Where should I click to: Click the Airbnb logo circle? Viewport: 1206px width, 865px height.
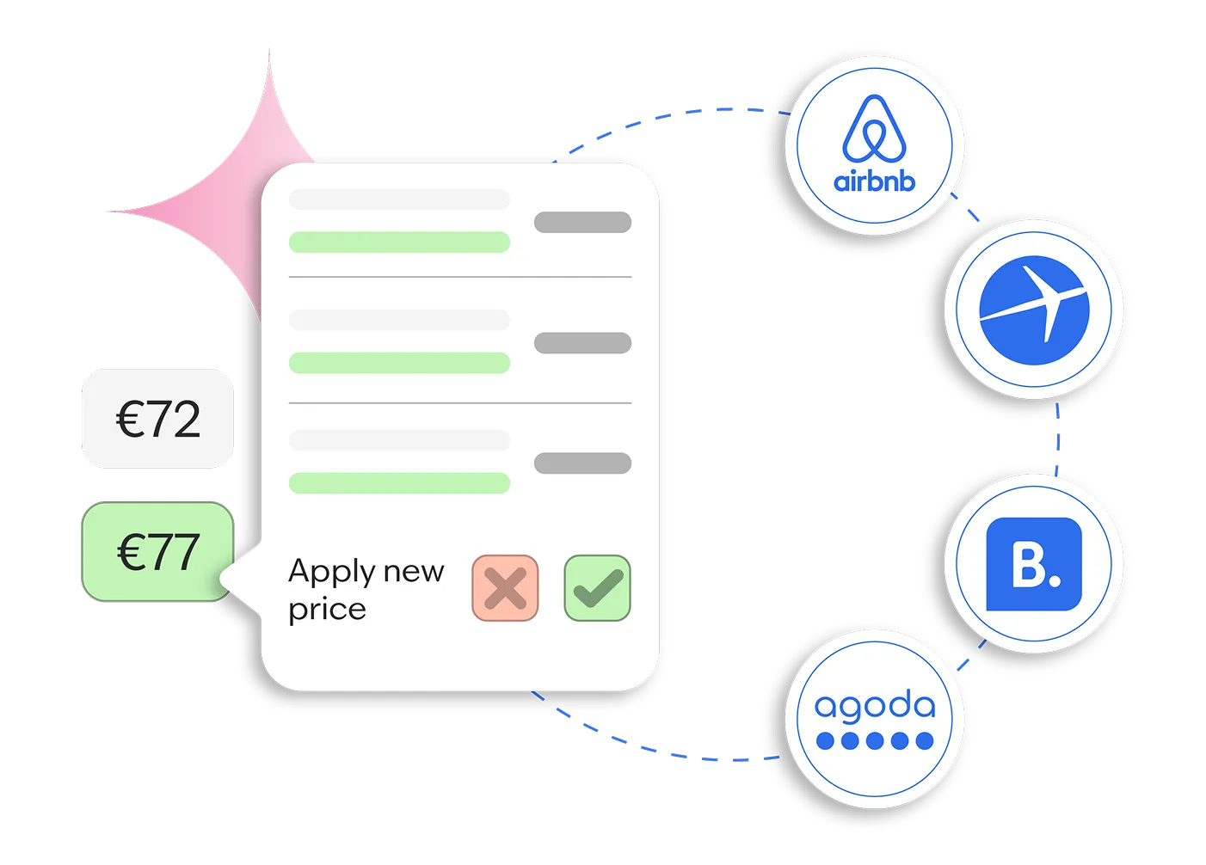tap(874, 144)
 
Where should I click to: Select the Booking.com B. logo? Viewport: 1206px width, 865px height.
tap(1033, 564)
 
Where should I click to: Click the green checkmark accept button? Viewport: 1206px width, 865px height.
tap(597, 588)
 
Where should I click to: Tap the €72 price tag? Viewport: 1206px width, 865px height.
tap(157, 419)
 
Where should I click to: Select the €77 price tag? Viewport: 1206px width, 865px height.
tap(157, 552)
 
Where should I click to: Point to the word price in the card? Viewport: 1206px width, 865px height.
tap(327, 610)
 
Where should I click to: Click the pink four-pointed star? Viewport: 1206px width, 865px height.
tap(232, 198)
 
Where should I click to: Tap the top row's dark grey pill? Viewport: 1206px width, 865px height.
tap(582, 222)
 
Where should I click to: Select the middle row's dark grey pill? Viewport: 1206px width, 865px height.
tap(582, 343)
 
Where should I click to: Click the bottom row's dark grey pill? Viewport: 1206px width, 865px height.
tap(582, 463)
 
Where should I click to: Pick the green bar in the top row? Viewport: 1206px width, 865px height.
tap(399, 242)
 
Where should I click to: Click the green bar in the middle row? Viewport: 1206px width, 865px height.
tap(399, 363)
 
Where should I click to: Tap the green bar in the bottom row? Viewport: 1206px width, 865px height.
tap(399, 483)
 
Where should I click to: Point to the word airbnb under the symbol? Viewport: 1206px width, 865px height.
tap(874, 181)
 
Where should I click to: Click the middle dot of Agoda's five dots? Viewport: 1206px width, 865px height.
tap(875, 740)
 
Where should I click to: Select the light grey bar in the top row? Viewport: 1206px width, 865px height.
tap(399, 199)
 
